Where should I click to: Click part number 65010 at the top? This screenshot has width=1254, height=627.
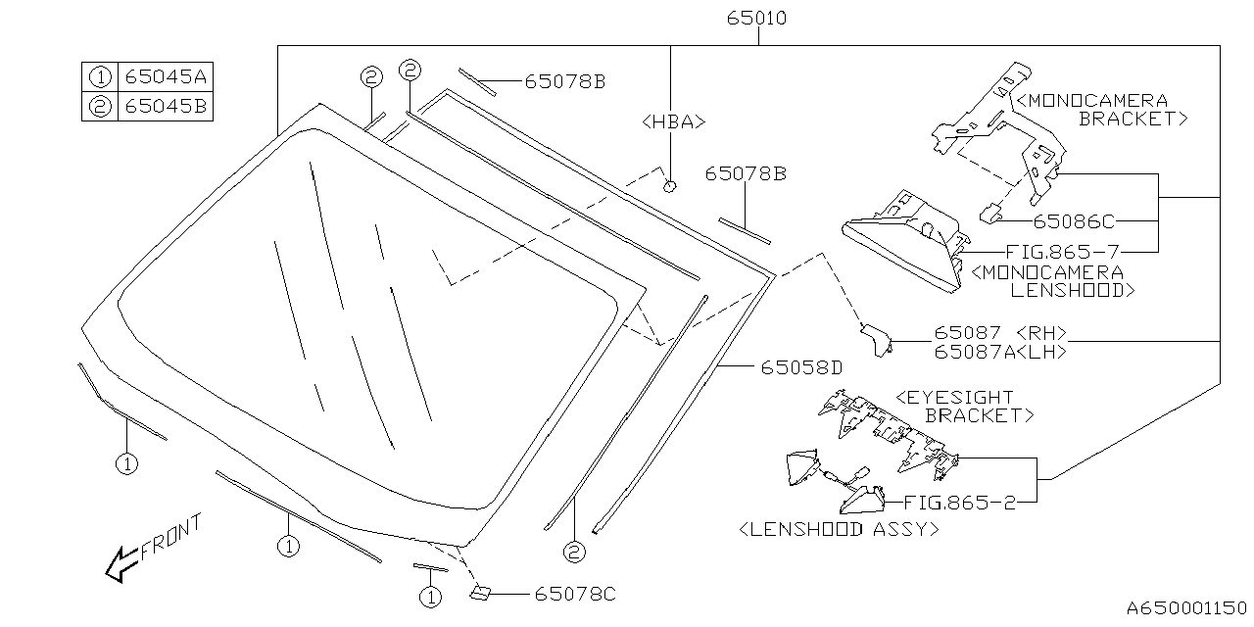click(x=757, y=19)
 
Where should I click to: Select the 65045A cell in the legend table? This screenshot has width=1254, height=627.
click(x=165, y=76)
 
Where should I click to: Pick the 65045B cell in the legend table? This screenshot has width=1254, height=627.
click(x=165, y=106)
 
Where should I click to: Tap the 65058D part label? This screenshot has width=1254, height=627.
click(x=801, y=368)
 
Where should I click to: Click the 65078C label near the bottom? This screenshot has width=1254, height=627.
click(x=575, y=594)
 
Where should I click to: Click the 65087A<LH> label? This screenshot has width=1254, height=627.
click(x=999, y=351)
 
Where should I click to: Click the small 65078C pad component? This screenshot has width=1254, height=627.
click(x=482, y=592)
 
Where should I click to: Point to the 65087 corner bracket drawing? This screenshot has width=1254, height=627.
click(x=875, y=338)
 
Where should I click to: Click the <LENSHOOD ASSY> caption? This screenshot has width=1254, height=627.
click(x=839, y=529)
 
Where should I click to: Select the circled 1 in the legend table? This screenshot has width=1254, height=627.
click(x=99, y=76)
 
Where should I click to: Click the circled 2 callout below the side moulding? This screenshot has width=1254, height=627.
click(x=573, y=553)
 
